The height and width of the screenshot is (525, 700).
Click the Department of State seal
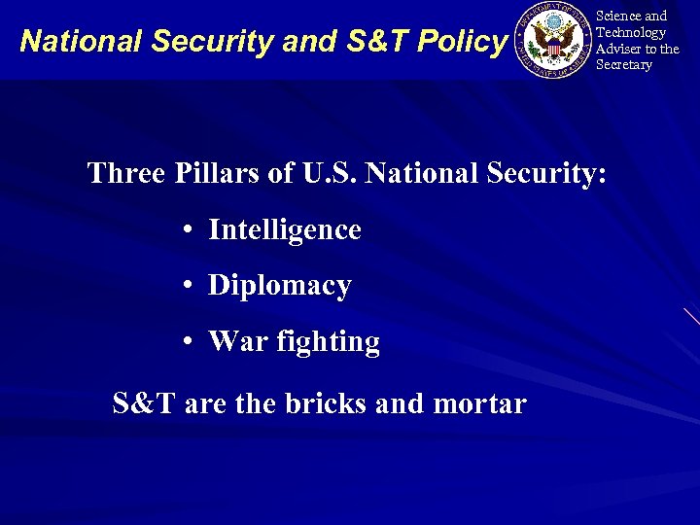[x=553, y=40]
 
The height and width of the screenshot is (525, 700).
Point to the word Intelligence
[x=284, y=229]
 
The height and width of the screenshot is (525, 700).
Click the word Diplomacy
[x=279, y=286]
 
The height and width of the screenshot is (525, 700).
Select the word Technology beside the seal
[x=631, y=32]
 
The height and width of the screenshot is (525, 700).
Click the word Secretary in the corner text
[x=623, y=65]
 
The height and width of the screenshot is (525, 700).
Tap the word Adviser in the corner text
[x=620, y=49]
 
